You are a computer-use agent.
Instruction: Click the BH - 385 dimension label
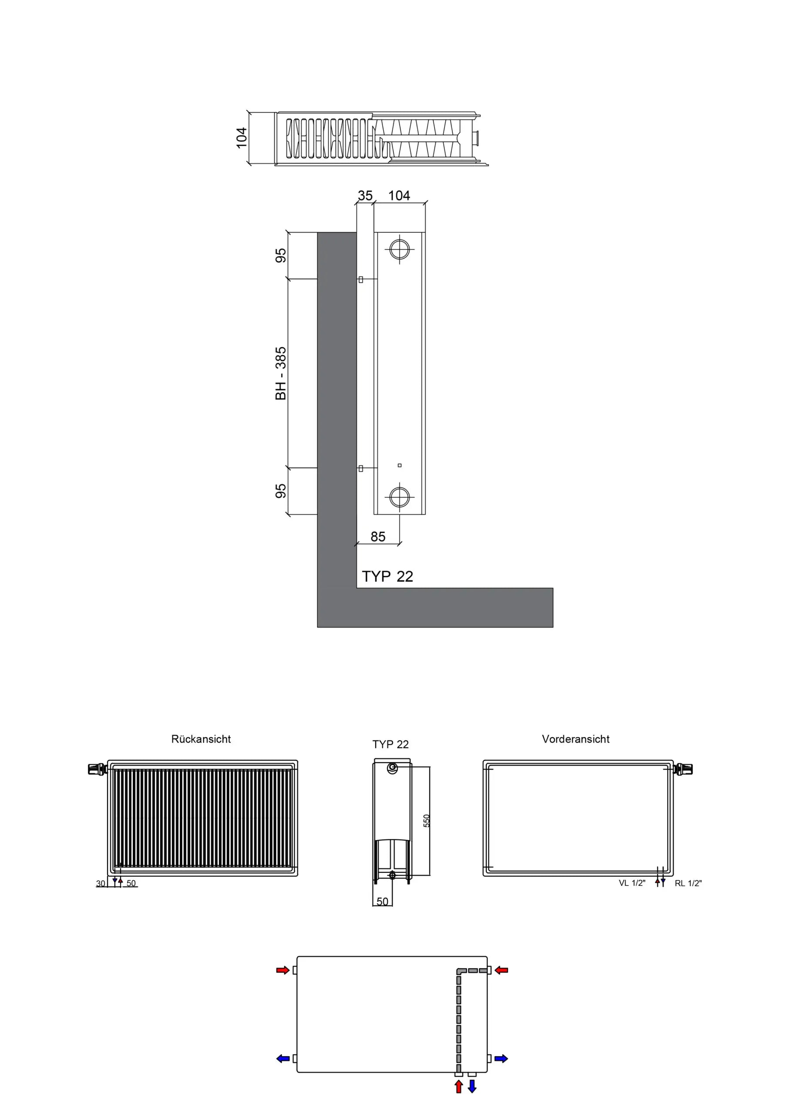(x=281, y=373)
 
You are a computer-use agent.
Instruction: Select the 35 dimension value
(x=365, y=195)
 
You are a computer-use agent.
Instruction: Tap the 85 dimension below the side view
(x=378, y=537)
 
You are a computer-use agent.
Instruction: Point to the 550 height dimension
(x=427, y=821)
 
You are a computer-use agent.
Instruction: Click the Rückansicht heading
(x=201, y=739)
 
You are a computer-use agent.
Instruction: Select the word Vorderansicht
(x=576, y=739)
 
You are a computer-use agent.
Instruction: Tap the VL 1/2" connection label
(x=632, y=883)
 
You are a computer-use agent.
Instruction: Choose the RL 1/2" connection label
(x=688, y=883)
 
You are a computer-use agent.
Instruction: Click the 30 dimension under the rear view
(x=101, y=883)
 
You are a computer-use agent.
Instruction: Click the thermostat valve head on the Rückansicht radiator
(x=96, y=769)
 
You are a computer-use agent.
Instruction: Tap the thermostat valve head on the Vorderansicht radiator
(x=684, y=769)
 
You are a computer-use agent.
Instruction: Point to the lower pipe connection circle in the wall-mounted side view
(x=400, y=497)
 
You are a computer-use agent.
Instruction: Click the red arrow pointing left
(x=502, y=970)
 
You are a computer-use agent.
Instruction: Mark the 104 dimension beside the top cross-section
(x=241, y=138)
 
